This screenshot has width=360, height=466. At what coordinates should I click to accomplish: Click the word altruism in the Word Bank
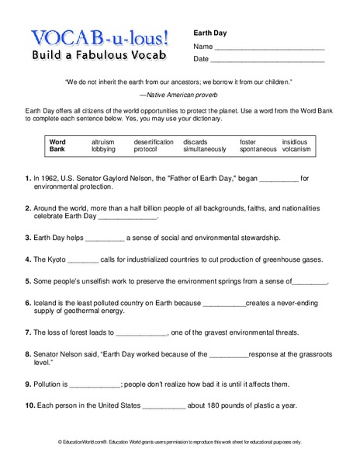click(x=103, y=142)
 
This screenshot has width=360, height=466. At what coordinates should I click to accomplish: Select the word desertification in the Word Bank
click(x=153, y=142)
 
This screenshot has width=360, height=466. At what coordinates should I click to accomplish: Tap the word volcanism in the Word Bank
click(x=296, y=149)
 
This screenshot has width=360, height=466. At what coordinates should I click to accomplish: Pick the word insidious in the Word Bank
click(x=294, y=142)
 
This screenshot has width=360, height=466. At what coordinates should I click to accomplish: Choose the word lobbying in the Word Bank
click(x=103, y=149)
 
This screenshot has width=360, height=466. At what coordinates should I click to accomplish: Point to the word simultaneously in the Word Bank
click(x=205, y=149)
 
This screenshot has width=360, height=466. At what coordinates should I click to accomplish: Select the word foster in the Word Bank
click(x=247, y=142)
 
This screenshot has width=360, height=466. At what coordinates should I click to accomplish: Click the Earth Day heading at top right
click(x=209, y=33)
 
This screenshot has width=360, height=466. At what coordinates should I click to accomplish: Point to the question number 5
click(x=28, y=281)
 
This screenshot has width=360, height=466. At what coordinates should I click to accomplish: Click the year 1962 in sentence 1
click(x=49, y=178)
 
